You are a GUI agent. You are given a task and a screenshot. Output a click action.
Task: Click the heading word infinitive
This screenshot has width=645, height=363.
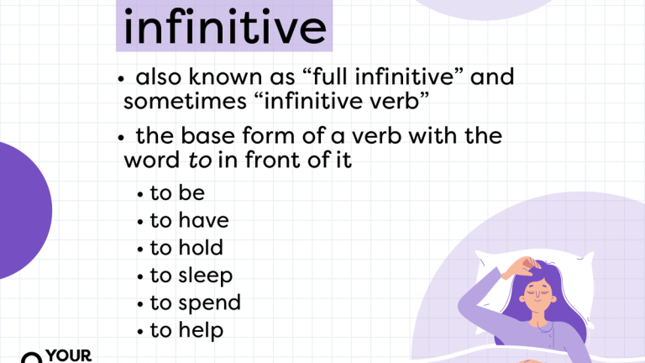(x=223, y=27)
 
